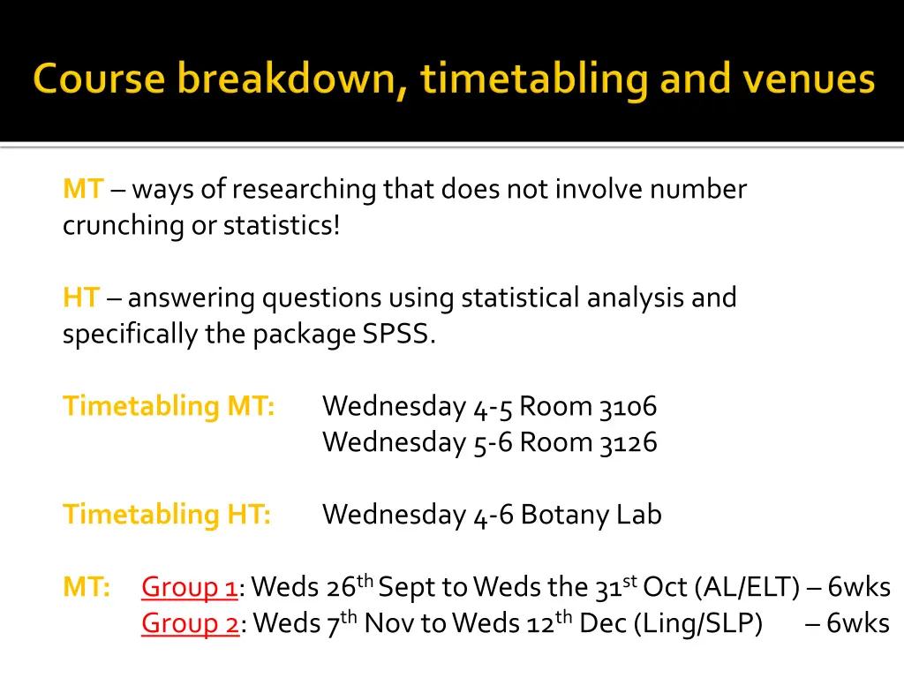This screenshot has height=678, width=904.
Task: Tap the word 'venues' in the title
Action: [809, 79]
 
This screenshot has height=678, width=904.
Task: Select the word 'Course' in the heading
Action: [99, 79]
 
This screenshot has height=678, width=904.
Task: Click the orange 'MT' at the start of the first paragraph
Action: [83, 189]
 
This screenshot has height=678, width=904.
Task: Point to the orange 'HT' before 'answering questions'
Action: [81, 298]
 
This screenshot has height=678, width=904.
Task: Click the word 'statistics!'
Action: [281, 225]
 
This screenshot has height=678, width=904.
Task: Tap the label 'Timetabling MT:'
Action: [169, 406]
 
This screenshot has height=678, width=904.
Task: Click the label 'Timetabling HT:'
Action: [167, 515]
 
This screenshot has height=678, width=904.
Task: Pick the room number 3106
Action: [628, 406]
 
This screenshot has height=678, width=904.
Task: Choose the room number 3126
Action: [628, 441]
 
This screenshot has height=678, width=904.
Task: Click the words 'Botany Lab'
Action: [591, 515]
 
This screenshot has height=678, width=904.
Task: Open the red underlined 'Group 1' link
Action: [190, 588]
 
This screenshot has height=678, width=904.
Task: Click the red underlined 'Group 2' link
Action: [190, 624]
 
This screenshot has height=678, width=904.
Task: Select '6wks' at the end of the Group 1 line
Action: [859, 588]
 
